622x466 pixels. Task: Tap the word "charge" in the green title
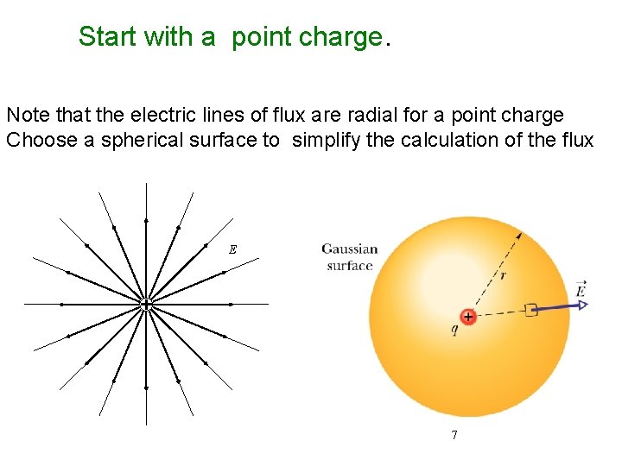click(x=340, y=37)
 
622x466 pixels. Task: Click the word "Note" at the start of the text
click(x=24, y=115)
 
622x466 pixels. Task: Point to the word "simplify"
click(x=327, y=140)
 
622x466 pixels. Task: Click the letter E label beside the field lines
click(x=232, y=249)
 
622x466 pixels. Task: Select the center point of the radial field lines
click(x=146, y=304)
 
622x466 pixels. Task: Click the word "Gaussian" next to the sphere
click(x=350, y=249)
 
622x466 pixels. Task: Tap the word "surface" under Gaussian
click(x=350, y=265)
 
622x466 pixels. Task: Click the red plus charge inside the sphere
click(x=467, y=317)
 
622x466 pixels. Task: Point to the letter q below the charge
click(x=455, y=331)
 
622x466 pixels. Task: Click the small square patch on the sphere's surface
click(x=530, y=310)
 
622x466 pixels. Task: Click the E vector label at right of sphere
click(x=581, y=288)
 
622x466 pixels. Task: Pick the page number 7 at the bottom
click(x=454, y=435)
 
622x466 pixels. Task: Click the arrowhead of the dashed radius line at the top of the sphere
click(x=519, y=234)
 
